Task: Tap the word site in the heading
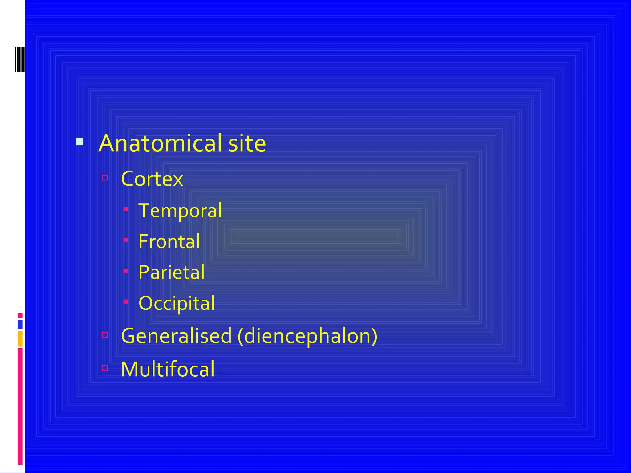(247, 143)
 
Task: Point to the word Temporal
(180, 211)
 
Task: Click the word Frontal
(169, 241)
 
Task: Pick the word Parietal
(171, 272)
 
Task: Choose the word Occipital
(177, 303)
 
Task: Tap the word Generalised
(176, 336)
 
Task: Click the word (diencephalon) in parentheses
(307, 336)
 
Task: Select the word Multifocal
(168, 369)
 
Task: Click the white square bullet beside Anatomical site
(80, 142)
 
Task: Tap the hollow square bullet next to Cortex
(105, 178)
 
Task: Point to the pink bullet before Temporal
(126, 209)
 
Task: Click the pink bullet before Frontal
(126, 240)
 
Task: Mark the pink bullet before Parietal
(126, 271)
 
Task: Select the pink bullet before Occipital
(126, 301)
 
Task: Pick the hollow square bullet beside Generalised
(105, 334)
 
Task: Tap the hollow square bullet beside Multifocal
(105, 368)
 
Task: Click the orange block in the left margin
(20, 339)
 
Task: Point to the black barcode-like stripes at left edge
(20, 59)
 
